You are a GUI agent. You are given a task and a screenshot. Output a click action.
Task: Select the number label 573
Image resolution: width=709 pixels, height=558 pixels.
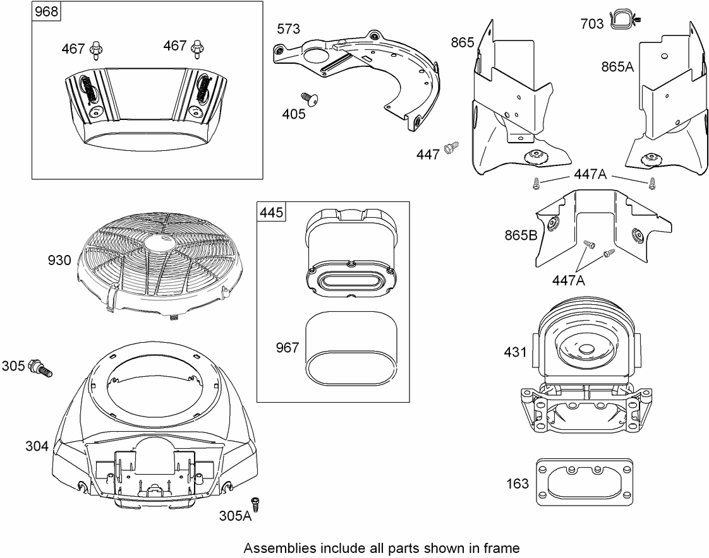(288, 29)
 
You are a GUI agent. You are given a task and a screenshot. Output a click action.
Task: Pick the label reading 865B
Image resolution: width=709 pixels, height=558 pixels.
(521, 236)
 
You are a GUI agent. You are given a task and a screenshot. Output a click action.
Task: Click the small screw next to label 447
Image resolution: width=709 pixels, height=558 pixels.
(451, 146)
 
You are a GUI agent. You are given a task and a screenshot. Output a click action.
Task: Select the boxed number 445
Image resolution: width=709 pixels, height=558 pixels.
(271, 212)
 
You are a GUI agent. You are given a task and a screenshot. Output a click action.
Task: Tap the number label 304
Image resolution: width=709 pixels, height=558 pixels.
(37, 446)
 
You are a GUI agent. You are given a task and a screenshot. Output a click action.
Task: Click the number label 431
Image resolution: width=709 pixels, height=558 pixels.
(515, 352)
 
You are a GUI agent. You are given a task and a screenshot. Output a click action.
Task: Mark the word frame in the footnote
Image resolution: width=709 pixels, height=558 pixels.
(502, 547)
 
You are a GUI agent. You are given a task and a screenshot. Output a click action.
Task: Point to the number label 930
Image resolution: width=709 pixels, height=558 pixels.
(58, 260)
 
